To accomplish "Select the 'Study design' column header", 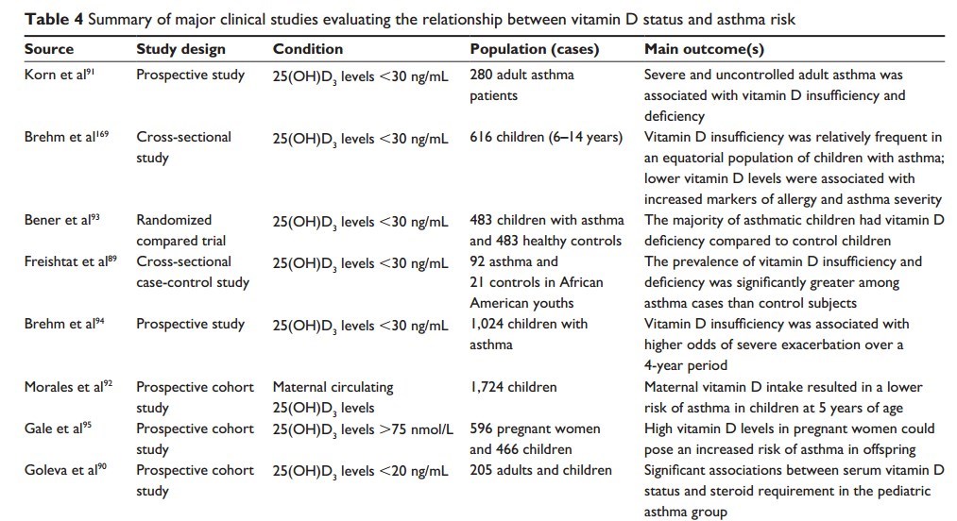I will coord(179,49).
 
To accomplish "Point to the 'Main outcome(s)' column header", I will coord(704,49).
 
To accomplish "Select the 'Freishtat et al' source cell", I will coord(70,261).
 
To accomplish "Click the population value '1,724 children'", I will coord(513,386).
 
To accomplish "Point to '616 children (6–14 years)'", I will coord(546,137).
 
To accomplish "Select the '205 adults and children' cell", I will coord(540,469).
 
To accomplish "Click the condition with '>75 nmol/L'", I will coord(360,429).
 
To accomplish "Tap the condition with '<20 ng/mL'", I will coord(359,470).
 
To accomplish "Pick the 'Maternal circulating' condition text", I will coord(333,386).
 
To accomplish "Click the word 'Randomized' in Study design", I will coord(174,220).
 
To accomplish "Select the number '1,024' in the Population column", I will coord(487,324).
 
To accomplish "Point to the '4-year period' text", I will coord(686,365).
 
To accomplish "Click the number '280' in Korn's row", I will coord(482,74).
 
